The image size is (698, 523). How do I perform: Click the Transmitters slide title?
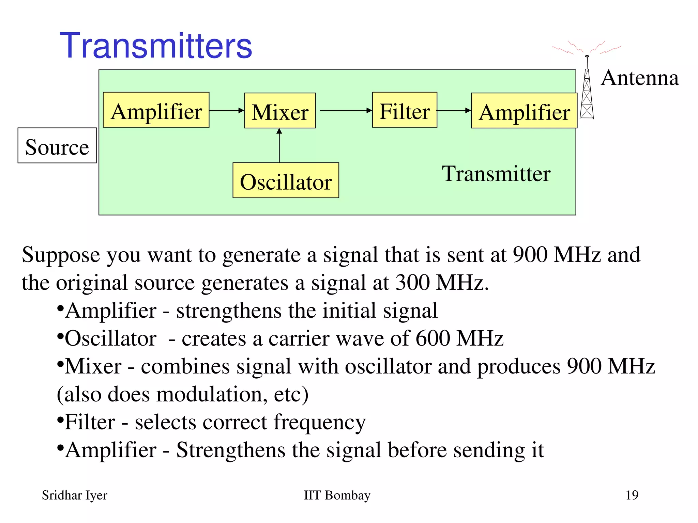click(x=156, y=46)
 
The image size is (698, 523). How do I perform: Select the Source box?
click(x=57, y=146)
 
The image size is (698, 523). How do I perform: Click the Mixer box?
click(x=280, y=111)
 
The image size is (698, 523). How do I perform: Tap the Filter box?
click(x=405, y=110)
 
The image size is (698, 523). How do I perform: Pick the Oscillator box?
click(x=286, y=180)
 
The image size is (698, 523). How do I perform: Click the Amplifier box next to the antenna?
click(x=524, y=111)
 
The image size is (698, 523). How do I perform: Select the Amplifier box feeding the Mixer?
click(x=156, y=110)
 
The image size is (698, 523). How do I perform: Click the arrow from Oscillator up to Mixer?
click(x=279, y=146)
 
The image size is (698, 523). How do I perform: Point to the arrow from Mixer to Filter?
click(x=345, y=110)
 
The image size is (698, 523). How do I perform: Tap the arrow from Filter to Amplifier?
click(x=454, y=110)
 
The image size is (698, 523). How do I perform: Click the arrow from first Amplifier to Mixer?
click(x=226, y=110)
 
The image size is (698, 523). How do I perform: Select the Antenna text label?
click(x=639, y=78)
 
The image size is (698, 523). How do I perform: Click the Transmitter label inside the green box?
click(x=496, y=174)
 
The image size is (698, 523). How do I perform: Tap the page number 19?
click(x=632, y=495)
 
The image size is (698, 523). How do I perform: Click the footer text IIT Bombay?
click(x=337, y=495)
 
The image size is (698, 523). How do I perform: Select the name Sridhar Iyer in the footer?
click(x=74, y=495)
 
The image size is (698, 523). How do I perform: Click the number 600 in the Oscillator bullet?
click(x=433, y=338)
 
